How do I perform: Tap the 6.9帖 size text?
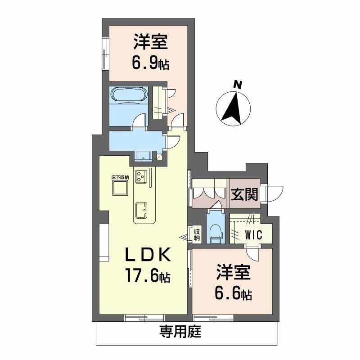click(150, 63)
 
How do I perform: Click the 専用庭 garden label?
click(180, 333)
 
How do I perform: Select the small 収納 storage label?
click(197, 234)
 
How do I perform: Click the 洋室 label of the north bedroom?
click(150, 43)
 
